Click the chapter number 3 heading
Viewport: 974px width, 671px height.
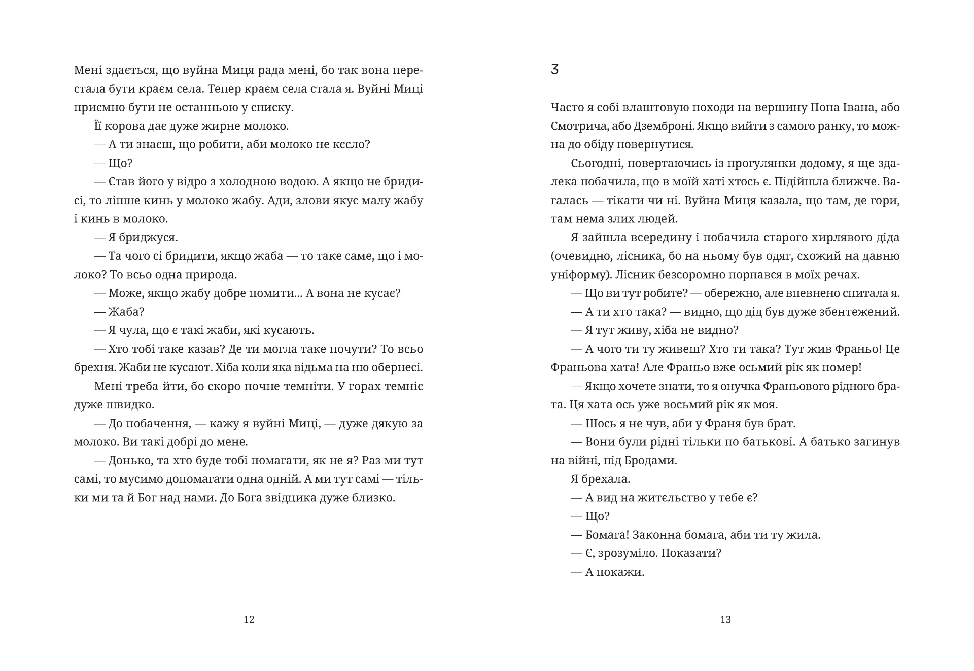pyautogui.click(x=554, y=70)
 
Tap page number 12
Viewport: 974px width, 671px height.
pyautogui.click(x=249, y=619)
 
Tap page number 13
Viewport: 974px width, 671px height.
pyautogui.click(x=725, y=619)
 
